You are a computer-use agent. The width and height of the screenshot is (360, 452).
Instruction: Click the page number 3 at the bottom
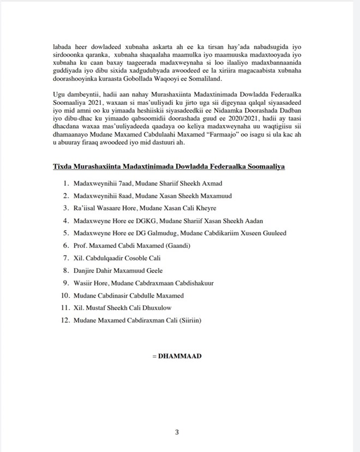coord(177,432)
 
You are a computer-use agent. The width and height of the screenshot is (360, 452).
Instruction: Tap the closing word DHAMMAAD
coord(179,356)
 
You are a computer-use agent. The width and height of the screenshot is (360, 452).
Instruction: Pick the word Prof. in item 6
coord(81,246)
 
